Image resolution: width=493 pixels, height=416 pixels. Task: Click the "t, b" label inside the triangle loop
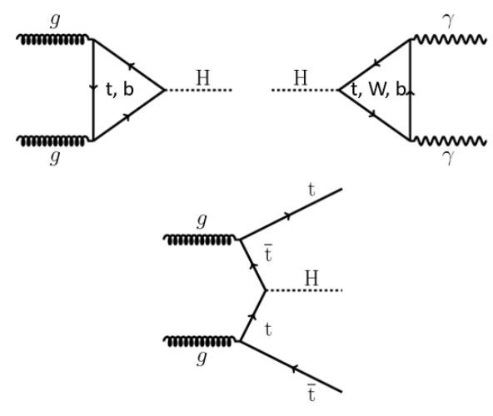click(x=120, y=89)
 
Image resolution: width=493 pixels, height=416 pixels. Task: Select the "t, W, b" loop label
click(x=379, y=90)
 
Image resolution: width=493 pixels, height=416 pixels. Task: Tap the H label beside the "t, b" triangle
click(x=203, y=77)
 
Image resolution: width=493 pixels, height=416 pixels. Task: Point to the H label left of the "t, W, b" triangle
click(x=301, y=77)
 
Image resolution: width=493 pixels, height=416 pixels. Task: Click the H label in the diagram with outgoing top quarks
click(x=311, y=278)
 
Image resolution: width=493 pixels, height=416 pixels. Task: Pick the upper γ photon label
click(x=448, y=22)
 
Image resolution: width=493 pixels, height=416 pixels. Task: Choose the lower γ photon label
click(x=448, y=156)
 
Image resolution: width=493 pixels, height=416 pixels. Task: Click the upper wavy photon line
click(x=449, y=39)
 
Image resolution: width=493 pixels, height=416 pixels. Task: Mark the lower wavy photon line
click(x=449, y=141)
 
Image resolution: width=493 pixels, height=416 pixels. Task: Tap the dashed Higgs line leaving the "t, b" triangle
click(x=198, y=90)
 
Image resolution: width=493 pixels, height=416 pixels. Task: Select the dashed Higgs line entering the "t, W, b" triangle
click(x=305, y=90)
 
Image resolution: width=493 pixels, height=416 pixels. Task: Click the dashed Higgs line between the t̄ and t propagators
click(x=304, y=290)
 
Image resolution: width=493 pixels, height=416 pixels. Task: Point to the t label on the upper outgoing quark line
click(x=311, y=190)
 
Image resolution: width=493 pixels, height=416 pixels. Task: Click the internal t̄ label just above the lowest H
click(x=268, y=253)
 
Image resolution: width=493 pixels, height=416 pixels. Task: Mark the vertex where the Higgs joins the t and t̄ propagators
click(x=266, y=290)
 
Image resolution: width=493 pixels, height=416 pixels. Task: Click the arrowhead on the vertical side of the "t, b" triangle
click(x=93, y=87)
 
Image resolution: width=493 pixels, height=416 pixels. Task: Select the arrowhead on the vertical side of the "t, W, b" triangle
click(x=411, y=92)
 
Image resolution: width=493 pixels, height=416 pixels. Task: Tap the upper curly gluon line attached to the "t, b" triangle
click(x=52, y=40)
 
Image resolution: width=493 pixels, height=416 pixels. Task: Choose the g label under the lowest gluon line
click(x=202, y=359)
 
